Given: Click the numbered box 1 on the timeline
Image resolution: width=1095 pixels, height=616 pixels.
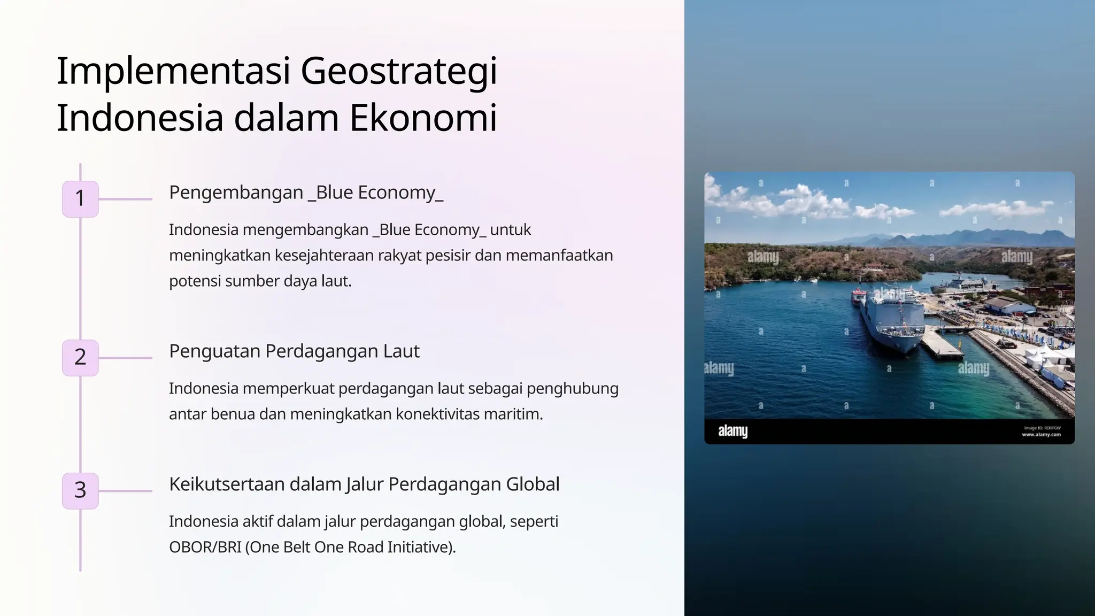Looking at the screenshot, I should click(80, 199).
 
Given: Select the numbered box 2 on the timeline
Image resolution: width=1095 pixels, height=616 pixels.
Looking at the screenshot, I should click(80, 358).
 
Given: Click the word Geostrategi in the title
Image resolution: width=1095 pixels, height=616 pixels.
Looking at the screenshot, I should click(399, 72).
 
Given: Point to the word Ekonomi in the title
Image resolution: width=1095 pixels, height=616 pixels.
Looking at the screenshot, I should click(423, 118).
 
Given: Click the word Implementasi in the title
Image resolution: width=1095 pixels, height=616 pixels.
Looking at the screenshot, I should click(173, 72).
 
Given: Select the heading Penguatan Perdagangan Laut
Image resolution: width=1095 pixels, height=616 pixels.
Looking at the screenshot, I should click(294, 351).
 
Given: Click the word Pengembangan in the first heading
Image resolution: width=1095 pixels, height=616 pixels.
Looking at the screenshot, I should click(236, 192).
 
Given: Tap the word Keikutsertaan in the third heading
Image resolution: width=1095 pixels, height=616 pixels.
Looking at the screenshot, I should click(226, 484).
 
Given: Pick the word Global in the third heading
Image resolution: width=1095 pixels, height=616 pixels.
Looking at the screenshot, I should click(533, 484).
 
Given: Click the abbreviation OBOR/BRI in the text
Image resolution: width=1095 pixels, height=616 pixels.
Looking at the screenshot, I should click(205, 548).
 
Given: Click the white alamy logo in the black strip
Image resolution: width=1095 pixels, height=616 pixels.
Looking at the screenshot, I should click(732, 431).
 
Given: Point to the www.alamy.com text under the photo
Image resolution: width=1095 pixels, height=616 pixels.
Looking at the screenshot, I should click(1041, 435).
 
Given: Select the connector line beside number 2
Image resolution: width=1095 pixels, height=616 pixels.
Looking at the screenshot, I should click(126, 358).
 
